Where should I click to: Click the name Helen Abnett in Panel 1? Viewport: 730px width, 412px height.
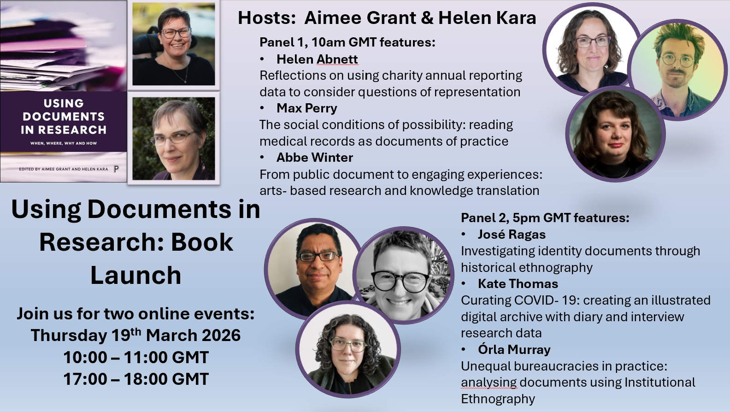tap(317, 59)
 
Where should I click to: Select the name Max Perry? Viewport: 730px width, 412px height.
tap(306, 108)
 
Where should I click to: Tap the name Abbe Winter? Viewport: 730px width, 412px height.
tap(314, 158)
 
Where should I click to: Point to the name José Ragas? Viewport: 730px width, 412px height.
tap(512, 235)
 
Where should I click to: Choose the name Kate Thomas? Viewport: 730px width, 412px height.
tap(518, 283)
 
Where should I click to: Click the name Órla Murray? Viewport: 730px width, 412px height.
tap(514, 349)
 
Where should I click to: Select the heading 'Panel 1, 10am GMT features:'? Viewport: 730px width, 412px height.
tap(347, 42)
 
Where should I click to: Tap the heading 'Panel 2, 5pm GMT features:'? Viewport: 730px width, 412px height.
tap(545, 218)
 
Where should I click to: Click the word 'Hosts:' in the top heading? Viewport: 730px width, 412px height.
tap(266, 18)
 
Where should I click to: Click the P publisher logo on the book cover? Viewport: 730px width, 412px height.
tap(116, 169)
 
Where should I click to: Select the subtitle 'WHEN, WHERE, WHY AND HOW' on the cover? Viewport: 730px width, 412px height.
tap(64, 143)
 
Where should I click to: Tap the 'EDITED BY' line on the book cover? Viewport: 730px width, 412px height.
tap(63, 169)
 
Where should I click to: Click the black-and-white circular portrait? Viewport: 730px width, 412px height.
tap(403, 275)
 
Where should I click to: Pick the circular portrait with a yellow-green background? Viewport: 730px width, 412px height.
tap(677, 70)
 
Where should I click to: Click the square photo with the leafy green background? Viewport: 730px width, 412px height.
tap(173, 139)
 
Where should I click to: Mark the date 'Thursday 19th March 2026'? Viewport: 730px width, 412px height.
tap(135, 335)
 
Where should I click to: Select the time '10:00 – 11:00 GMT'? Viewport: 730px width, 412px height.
tap(136, 357)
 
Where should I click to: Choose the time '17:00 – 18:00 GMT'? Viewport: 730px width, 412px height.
tap(136, 379)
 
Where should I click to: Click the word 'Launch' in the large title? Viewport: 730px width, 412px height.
tap(135, 276)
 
